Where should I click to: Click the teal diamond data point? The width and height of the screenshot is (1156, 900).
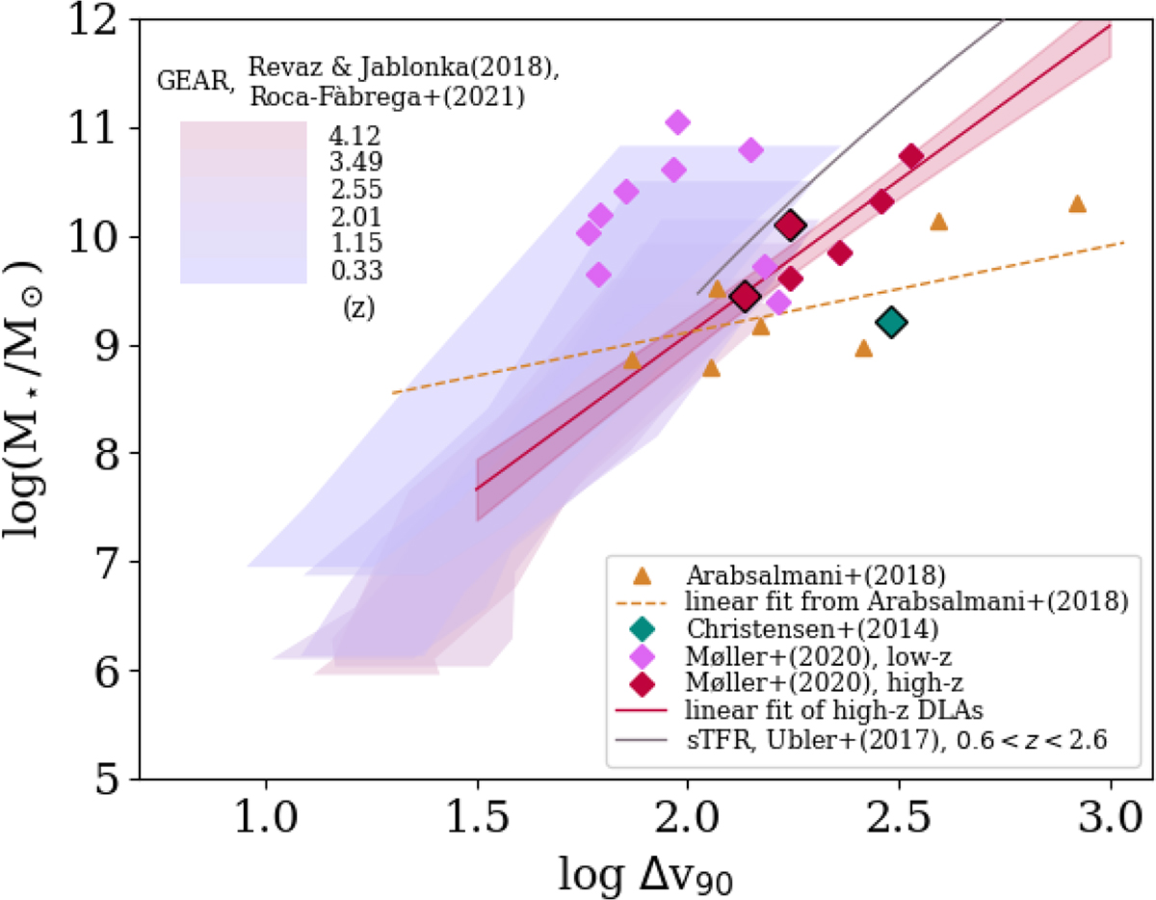[x=892, y=323]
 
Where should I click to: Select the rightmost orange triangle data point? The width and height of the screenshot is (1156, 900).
[x=1077, y=203]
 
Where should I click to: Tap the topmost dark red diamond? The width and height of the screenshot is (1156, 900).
[x=911, y=156]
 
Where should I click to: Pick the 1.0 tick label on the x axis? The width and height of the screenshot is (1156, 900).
[x=265, y=825]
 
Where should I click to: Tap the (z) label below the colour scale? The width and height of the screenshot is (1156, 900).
[x=358, y=310]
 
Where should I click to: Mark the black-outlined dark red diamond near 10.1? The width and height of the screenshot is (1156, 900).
[x=790, y=225]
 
